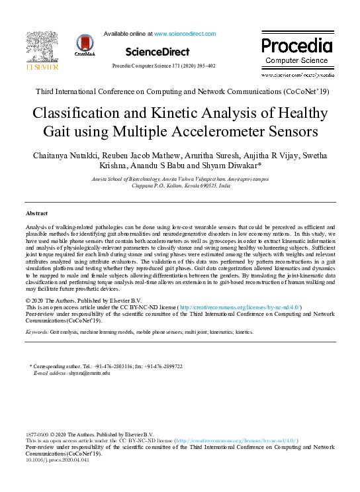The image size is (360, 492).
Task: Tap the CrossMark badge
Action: click(x=85, y=45)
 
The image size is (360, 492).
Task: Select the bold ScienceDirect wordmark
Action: click(x=157, y=52)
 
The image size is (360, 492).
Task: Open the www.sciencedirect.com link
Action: click(x=185, y=33)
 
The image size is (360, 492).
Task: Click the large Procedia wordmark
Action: click(x=296, y=46)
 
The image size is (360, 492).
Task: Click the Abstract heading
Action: click(x=36, y=214)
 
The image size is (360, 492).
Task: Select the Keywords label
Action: click(x=37, y=330)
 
